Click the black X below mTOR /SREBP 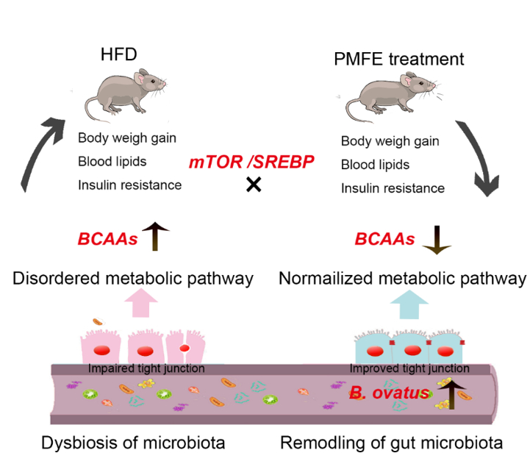(x=253, y=185)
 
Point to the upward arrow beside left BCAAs (x=154, y=237)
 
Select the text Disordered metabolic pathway (x=132, y=278)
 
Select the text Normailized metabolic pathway (x=402, y=278)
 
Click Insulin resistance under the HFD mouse (x=129, y=185)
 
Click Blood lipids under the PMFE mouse (x=375, y=165)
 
